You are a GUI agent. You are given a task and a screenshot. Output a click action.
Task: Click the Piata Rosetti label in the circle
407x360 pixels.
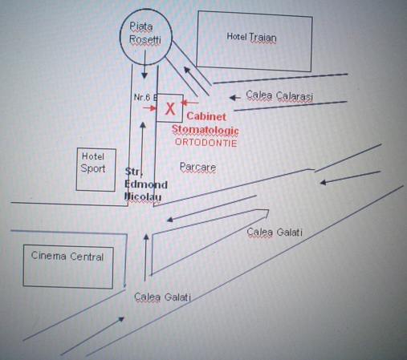(145, 33)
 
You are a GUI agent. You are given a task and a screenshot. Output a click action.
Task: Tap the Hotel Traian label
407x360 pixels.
(251, 37)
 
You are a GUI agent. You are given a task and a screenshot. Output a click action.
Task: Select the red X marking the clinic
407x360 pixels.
(170, 109)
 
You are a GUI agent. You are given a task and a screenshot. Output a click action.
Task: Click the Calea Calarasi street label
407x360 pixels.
(279, 95)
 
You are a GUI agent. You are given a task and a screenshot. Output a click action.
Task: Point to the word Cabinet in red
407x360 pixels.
(206, 116)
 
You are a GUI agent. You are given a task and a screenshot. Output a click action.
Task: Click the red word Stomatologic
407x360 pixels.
(205, 130)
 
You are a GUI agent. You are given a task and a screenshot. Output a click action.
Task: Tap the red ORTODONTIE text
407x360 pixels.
(206, 143)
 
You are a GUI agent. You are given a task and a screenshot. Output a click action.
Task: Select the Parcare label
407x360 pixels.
(197, 167)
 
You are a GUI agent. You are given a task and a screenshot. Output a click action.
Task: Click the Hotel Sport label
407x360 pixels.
(93, 163)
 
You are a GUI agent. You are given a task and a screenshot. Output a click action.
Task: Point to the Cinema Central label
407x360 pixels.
(67, 256)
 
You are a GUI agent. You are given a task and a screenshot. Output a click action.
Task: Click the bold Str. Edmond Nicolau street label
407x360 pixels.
(146, 184)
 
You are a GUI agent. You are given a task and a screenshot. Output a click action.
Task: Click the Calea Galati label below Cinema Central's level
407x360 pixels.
(162, 297)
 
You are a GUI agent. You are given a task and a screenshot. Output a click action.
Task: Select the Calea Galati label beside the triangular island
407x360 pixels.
(275, 232)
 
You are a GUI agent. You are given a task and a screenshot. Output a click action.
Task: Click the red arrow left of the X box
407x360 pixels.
(149, 108)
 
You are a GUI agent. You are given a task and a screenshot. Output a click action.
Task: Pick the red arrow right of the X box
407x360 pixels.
(189, 103)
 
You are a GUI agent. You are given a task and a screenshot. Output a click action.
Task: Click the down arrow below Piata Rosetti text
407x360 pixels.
(144, 64)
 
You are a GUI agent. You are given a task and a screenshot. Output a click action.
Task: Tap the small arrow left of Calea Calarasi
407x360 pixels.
(235, 98)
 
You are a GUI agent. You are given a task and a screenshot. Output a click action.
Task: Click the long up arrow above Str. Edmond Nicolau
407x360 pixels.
(142, 146)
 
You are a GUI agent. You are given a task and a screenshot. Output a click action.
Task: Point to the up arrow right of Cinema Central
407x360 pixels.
(146, 257)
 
